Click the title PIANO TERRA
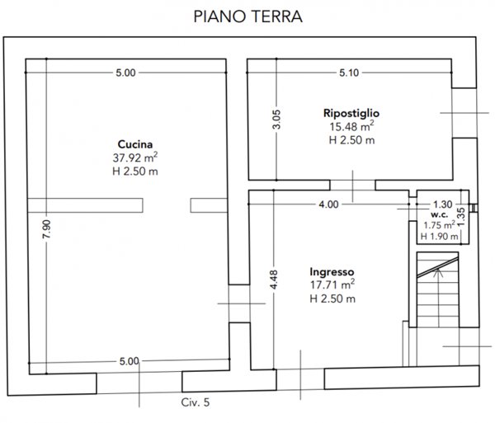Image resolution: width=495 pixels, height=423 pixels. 247,16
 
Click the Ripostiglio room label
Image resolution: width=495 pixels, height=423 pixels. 351,112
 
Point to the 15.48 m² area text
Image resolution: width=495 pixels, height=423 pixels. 351,126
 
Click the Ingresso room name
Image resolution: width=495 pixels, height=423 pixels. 332,272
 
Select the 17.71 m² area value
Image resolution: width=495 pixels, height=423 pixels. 332,285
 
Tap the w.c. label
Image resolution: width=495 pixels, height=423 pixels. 439,213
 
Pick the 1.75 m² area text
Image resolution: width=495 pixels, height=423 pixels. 439,224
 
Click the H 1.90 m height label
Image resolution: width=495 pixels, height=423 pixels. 439,237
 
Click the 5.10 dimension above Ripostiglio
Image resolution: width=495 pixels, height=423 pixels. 349,73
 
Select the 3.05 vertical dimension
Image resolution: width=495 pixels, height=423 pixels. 277,120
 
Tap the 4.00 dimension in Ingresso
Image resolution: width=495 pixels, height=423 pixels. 328,204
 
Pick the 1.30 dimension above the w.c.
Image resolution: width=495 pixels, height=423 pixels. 442,204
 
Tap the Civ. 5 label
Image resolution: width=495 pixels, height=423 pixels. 196,402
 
